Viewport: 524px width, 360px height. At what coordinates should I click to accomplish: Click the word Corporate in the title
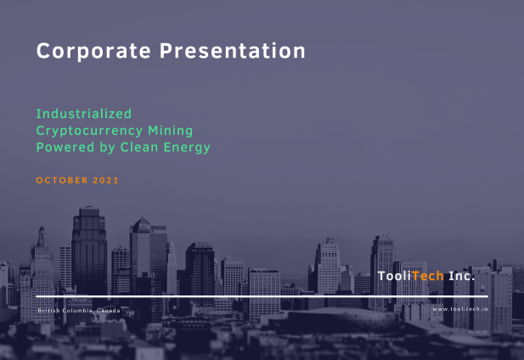(x=93, y=51)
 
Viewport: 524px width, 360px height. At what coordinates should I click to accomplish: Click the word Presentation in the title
(x=232, y=51)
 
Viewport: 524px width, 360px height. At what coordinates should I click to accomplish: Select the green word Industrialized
(x=83, y=114)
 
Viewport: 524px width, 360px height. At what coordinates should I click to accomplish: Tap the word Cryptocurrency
(x=89, y=132)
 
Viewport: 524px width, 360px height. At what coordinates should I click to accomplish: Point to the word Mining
(x=171, y=132)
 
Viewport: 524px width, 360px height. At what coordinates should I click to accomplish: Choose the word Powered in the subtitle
(x=65, y=147)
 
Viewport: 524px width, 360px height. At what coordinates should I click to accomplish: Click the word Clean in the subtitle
(x=139, y=147)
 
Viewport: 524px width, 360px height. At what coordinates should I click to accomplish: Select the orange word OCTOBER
(x=62, y=180)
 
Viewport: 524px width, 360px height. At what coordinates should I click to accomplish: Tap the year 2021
(x=105, y=180)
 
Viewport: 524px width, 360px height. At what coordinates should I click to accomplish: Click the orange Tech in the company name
(x=428, y=276)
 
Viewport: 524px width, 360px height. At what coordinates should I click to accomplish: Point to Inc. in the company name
(x=461, y=276)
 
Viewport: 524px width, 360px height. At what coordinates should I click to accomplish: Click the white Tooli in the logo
(x=394, y=276)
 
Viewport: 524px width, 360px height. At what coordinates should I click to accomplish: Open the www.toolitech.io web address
(x=460, y=309)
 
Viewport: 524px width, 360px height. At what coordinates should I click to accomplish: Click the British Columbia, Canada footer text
(x=79, y=311)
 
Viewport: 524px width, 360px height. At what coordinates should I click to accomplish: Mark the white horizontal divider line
(x=262, y=296)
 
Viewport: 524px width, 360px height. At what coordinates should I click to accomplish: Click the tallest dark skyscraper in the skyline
(x=89, y=250)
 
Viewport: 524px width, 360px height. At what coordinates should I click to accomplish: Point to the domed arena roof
(x=341, y=313)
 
